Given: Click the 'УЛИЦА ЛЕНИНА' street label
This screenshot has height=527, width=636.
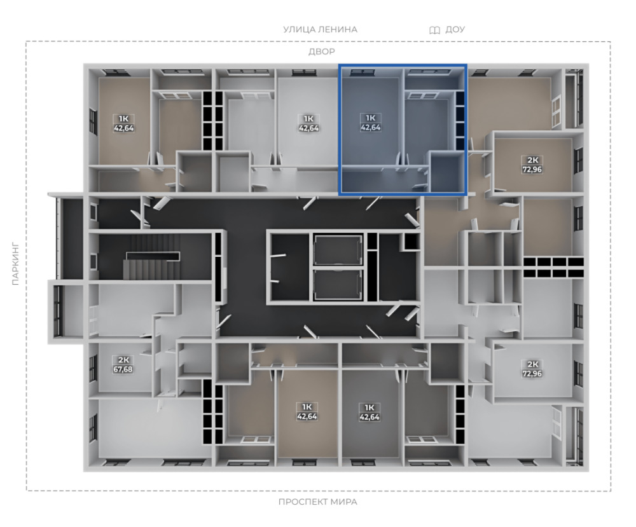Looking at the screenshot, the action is (x=320, y=30).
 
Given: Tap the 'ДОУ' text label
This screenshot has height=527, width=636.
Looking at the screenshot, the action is (x=455, y=30).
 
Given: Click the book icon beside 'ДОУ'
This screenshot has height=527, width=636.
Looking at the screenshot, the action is (x=434, y=30).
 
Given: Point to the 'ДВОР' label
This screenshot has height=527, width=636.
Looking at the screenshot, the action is (x=322, y=51).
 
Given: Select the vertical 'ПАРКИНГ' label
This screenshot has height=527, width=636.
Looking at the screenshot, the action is (x=15, y=264).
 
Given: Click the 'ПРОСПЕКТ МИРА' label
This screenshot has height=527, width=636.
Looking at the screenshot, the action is (x=317, y=502).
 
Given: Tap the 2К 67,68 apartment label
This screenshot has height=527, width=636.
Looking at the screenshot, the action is (x=123, y=364).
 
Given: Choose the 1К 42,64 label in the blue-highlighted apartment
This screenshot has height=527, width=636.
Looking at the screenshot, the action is (x=370, y=123).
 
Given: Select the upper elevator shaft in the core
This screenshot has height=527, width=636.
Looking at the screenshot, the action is (x=338, y=250).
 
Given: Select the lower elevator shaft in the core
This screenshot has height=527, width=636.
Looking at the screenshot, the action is (x=338, y=284).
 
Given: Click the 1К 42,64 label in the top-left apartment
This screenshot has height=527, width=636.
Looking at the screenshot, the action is (x=124, y=123).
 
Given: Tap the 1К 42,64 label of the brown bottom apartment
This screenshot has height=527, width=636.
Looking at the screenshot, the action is (x=307, y=411).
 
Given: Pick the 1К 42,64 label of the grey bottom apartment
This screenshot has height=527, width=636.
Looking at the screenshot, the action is (x=370, y=412).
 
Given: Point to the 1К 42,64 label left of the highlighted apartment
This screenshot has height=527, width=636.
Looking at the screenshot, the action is (x=308, y=123).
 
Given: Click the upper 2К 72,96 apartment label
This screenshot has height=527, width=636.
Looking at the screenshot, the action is (x=532, y=165).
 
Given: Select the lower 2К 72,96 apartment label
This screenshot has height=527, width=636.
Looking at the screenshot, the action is (x=532, y=369).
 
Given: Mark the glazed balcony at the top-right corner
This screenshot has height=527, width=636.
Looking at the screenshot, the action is (x=574, y=99).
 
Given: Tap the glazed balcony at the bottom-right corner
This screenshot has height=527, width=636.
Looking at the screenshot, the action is (x=574, y=435).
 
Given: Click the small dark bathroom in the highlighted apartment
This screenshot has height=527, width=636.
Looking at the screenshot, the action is (x=447, y=172).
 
